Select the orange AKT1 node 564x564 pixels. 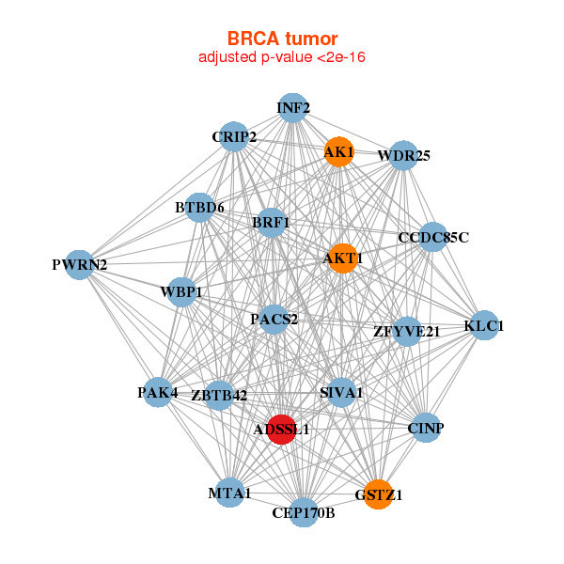click(342, 258)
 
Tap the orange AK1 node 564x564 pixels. click(338, 151)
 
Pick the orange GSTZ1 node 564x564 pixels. click(378, 494)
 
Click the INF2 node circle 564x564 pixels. click(293, 108)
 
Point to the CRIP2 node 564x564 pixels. click(233, 137)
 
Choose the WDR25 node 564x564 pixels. click(403, 155)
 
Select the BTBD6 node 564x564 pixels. click(199, 207)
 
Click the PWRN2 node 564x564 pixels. click(79, 265)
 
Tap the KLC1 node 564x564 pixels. click(484, 326)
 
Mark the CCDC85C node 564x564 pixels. click(433, 237)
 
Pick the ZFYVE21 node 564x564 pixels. click(406, 331)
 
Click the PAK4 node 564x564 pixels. click(158, 392)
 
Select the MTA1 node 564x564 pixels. click(229, 493)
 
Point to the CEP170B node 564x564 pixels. click(303, 512)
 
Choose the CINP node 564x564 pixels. click(426, 429)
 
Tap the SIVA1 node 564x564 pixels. click(340, 392)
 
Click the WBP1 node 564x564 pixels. click(180, 292)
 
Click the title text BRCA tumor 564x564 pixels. click(282, 39)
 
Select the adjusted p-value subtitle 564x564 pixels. click(282, 57)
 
